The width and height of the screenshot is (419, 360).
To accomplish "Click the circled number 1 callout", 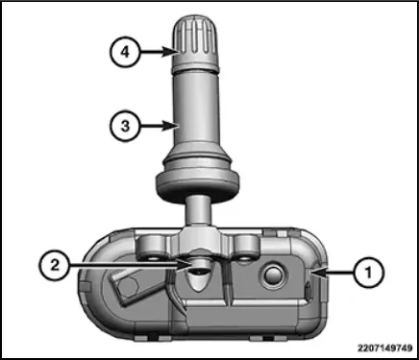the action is pos(368,273).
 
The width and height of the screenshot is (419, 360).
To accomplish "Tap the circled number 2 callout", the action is pos(55,265).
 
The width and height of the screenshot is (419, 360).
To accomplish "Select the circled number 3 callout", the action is pos(125,126).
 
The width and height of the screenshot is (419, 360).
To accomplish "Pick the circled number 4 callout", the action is pos(125,52).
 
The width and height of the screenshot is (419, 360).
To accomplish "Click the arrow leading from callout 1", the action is pos(333,273).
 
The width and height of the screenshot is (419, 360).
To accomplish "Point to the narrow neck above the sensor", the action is pos(198,212).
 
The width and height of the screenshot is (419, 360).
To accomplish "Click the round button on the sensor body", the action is pos(273,276).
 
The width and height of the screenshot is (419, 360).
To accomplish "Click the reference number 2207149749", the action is pos(385,348).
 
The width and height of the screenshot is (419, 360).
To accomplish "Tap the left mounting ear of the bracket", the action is pos(152,247).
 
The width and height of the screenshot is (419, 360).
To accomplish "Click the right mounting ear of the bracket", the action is pos(247,247).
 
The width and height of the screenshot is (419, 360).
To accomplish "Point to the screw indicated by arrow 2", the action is pos(198,268).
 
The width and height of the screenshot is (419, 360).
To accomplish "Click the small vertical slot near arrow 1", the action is pos(308,291).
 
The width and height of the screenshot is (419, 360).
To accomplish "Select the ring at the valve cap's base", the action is pos(196,67).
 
